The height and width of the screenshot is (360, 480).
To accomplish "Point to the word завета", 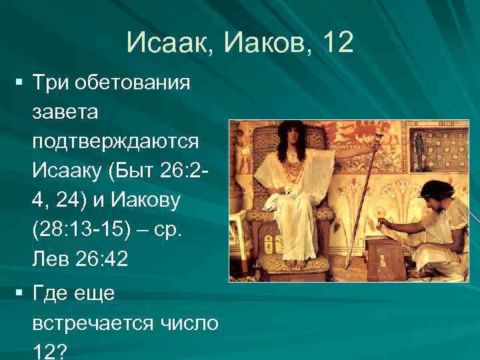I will pyautogui.click(x=65, y=112).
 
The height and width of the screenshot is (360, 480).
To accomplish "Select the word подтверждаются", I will pyautogui.click(x=114, y=141).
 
